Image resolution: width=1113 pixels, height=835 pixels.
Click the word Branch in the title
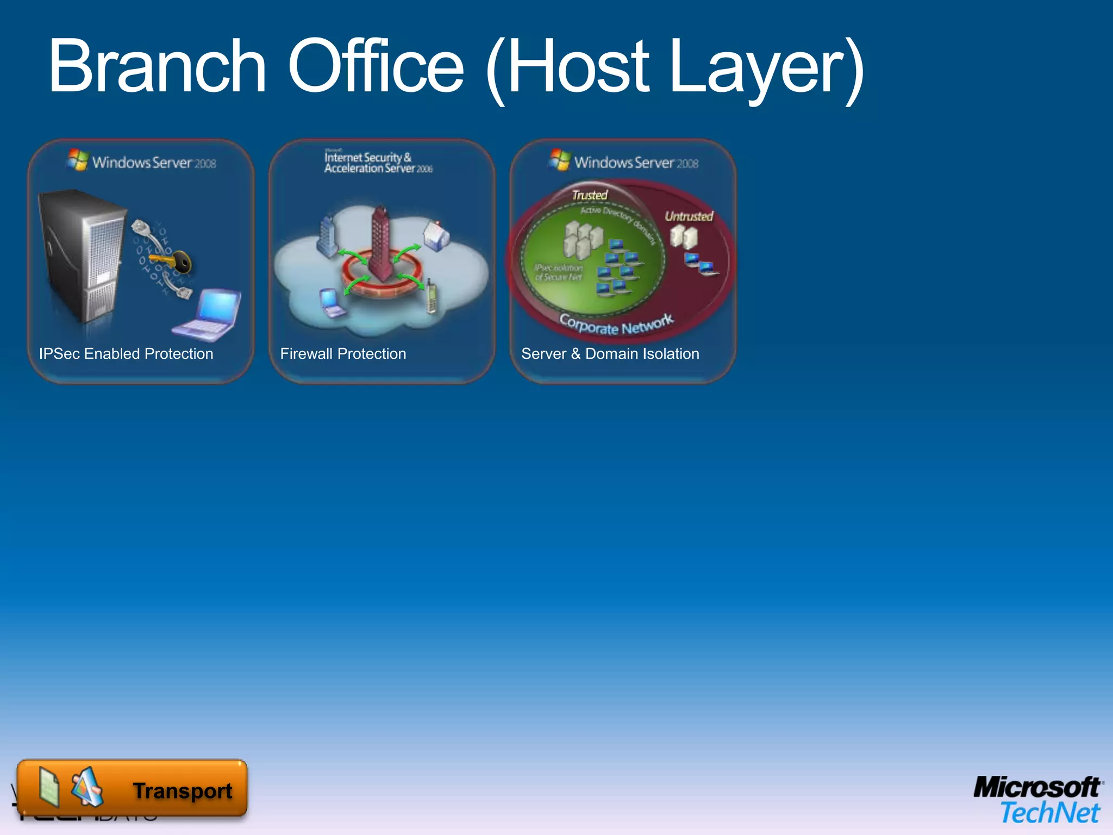[x=158, y=66]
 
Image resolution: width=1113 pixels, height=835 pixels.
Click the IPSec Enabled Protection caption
[x=126, y=354]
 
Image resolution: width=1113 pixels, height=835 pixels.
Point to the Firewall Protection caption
[x=343, y=354]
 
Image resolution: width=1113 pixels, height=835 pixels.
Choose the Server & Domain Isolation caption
[x=610, y=354]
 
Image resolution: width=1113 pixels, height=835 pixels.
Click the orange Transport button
[x=132, y=788]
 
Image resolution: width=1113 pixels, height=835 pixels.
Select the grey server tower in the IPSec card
[x=80, y=256]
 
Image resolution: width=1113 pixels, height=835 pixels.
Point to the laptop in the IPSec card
[x=209, y=315]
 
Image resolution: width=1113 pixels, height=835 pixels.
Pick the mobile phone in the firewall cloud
[x=431, y=296]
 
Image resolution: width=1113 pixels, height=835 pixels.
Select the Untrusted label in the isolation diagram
[x=689, y=216]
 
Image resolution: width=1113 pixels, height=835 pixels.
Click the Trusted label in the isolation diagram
[x=590, y=195]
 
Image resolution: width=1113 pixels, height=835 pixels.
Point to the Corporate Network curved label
[x=616, y=325]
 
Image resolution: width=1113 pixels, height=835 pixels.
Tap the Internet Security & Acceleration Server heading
[x=378, y=163]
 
